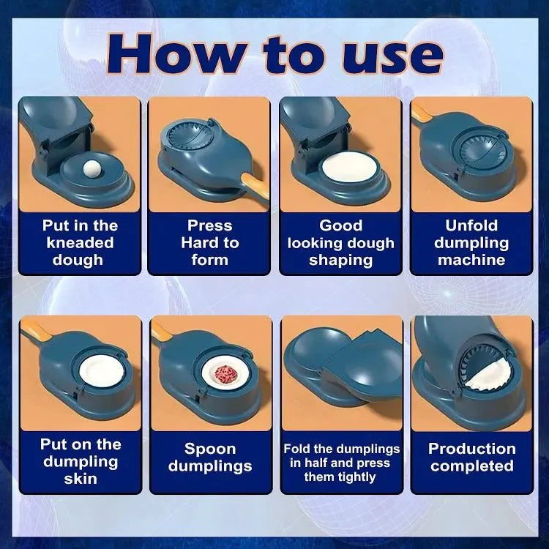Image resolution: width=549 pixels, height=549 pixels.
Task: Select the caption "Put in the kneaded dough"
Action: (80, 243)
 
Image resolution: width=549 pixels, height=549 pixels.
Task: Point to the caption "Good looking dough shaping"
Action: (340, 243)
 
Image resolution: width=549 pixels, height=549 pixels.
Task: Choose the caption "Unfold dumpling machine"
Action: (471, 243)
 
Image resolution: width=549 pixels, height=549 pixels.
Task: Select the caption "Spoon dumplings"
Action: (209, 457)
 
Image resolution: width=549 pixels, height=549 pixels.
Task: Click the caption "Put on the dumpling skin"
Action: (80, 461)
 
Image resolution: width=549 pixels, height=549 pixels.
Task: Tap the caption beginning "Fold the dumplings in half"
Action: (341, 463)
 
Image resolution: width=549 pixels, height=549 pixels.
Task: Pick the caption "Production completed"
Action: (471, 457)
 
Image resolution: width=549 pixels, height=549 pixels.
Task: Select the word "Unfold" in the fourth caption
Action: (471, 226)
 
